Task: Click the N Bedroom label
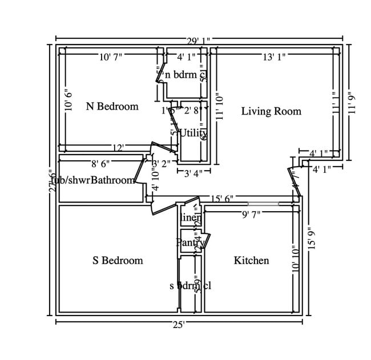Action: (112, 106)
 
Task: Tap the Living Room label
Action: (271, 111)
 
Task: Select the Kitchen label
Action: (251, 261)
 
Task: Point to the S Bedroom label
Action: (118, 261)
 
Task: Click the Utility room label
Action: (193, 133)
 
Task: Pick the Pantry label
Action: (189, 242)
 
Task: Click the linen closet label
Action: (191, 218)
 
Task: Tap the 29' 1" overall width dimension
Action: (198, 41)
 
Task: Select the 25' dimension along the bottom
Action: (179, 324)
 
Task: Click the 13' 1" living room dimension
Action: (274, 56)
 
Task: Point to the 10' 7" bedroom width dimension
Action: (110, 56)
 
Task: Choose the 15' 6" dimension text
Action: (222, 199)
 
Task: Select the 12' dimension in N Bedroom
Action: (118, 148)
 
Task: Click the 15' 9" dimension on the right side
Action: (310, 239)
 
